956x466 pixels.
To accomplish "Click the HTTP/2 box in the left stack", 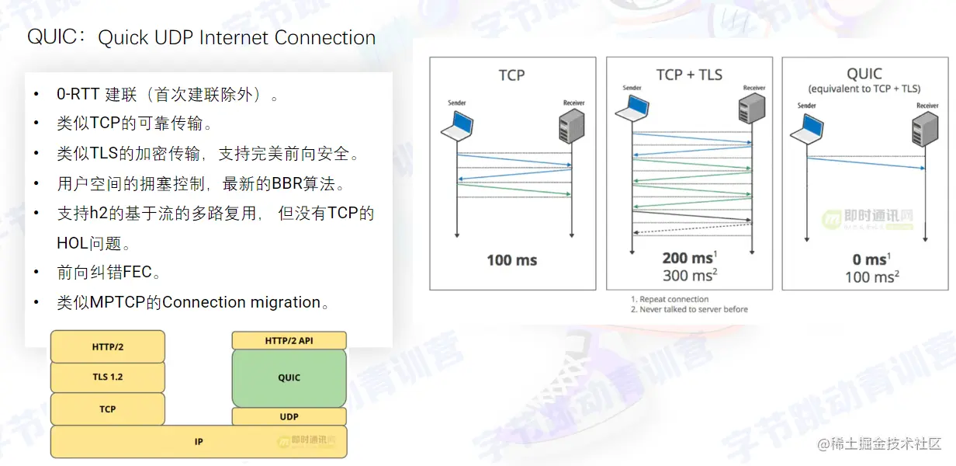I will [x=108, y=346].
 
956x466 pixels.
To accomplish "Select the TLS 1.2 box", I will [x=108, y=377].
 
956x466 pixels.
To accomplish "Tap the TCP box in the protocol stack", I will [x=108, y=409].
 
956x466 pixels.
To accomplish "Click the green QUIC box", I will [x=289, y=377].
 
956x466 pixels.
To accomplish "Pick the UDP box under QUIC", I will [x=289, y=417].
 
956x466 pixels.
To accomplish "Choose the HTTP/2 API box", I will [x=289, y=340].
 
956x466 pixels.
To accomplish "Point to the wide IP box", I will [x=199, y=442].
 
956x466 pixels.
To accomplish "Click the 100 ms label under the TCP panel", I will [x=512, y=260].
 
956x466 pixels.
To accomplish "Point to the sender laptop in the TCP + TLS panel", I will [x=632, y=110].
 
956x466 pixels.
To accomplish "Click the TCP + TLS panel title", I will [x=689, y=75].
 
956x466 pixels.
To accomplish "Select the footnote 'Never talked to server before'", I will [x=694, y=309].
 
